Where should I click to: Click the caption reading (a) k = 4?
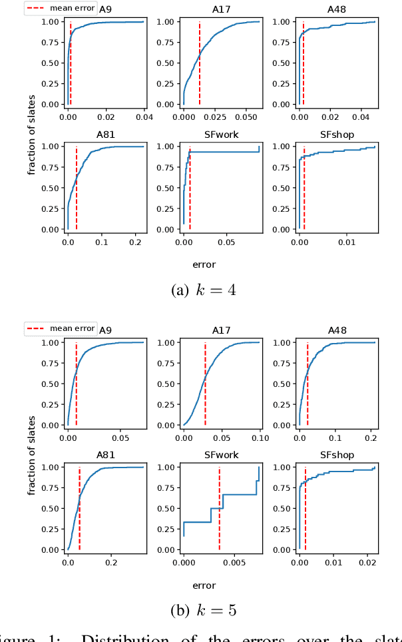click(x=203, y=290)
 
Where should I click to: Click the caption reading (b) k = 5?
click(x=203, y=611)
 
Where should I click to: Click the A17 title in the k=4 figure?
click(x=222, y=9)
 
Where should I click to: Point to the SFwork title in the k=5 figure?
click(x=222, y=455)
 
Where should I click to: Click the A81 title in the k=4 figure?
click(x=106, y=134)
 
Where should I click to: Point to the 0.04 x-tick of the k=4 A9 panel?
click(x=144, y=117)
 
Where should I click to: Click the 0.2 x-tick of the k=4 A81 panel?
click(x=135, y=242)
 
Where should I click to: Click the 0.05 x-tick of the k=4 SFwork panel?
click(x=226, y=242)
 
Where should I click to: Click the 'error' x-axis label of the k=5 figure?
click(x=204, y=585)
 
